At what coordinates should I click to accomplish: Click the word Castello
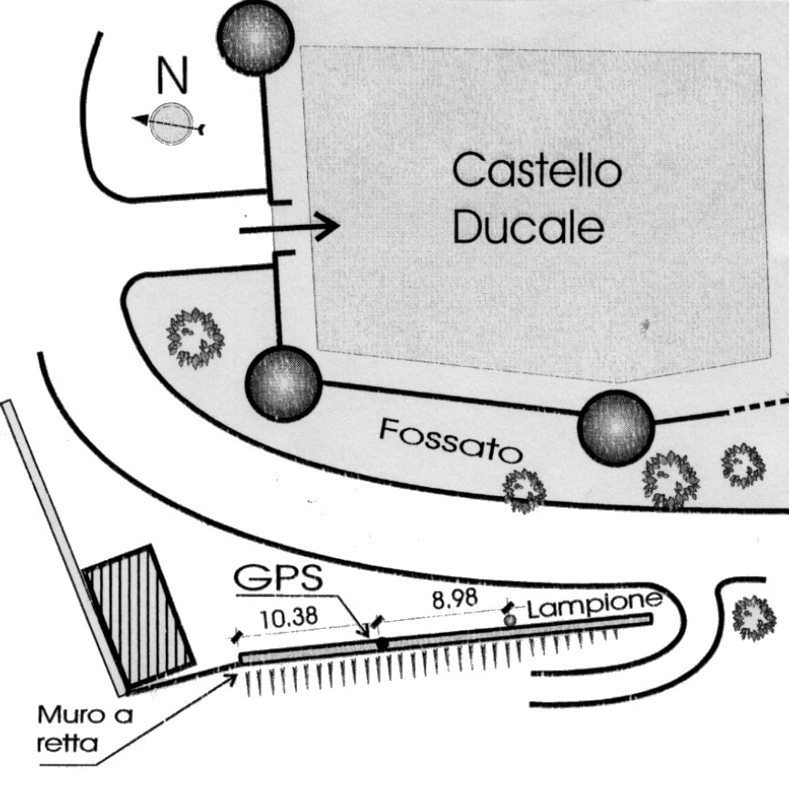(x=537, y=171)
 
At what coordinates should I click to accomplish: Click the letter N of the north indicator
(x=172, y=77)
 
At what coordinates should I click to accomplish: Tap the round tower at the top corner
(x=255, y=35)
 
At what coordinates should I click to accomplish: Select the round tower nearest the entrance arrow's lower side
(x=283, y=384)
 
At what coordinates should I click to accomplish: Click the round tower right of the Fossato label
(x=617, y=427)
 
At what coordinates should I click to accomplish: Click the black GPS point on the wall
(x=383, y=644)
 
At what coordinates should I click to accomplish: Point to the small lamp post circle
(x=510, y=619)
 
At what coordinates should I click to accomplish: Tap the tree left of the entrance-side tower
(x=194, y=338)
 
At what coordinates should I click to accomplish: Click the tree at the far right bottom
(x=753, y=617)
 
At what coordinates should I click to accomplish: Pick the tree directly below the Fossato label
(x=525, y=489)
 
